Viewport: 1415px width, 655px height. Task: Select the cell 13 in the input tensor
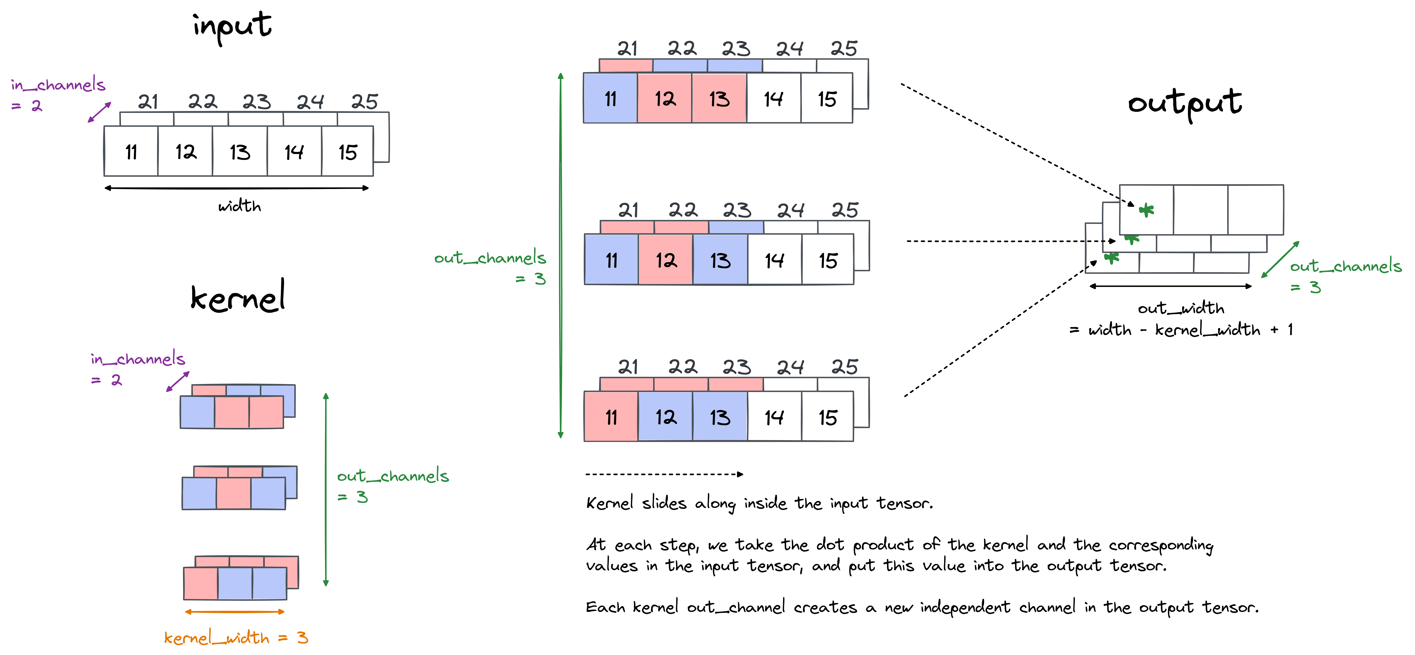240,152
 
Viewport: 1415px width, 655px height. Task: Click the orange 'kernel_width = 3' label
236,637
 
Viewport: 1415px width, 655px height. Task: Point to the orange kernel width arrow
235,611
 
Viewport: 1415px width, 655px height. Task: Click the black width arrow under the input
236,188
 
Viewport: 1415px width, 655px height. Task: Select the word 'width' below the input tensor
240,206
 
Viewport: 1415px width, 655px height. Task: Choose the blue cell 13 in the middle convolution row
720,260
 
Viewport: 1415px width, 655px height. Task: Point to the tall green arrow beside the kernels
326,489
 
